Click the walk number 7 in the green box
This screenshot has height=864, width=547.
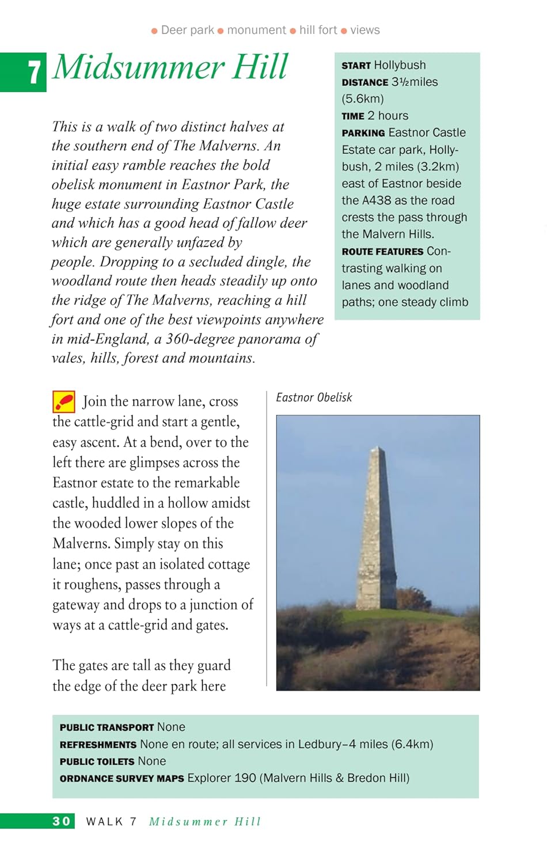(x=35, y=73)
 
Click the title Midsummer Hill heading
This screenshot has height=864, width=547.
(x=170, y=67)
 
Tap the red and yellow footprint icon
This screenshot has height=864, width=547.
(x=64, y=401)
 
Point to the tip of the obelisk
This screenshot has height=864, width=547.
(x=377, y=448)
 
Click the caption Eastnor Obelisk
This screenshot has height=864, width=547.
(x=314, y=397)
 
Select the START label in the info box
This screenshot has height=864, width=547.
(x=356, y=66)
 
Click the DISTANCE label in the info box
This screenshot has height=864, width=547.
(x=365, y=82)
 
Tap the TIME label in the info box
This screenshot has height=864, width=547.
(x=353, y=116)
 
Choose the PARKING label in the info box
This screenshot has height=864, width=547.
(x=363, y=133)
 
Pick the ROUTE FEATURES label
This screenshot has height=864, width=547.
(x=382, y=252)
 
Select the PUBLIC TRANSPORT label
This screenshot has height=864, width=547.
(x=107, y=727)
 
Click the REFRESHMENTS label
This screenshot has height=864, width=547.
(x=98, y=745)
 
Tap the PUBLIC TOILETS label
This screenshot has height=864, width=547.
(x=97, y=761)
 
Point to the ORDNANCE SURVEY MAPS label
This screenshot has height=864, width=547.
(x=121, y=779)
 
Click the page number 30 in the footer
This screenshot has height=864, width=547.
(x=62, y=821)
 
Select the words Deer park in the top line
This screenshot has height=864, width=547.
(x=187, y=30)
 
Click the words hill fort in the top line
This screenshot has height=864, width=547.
(x=318, y=30)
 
